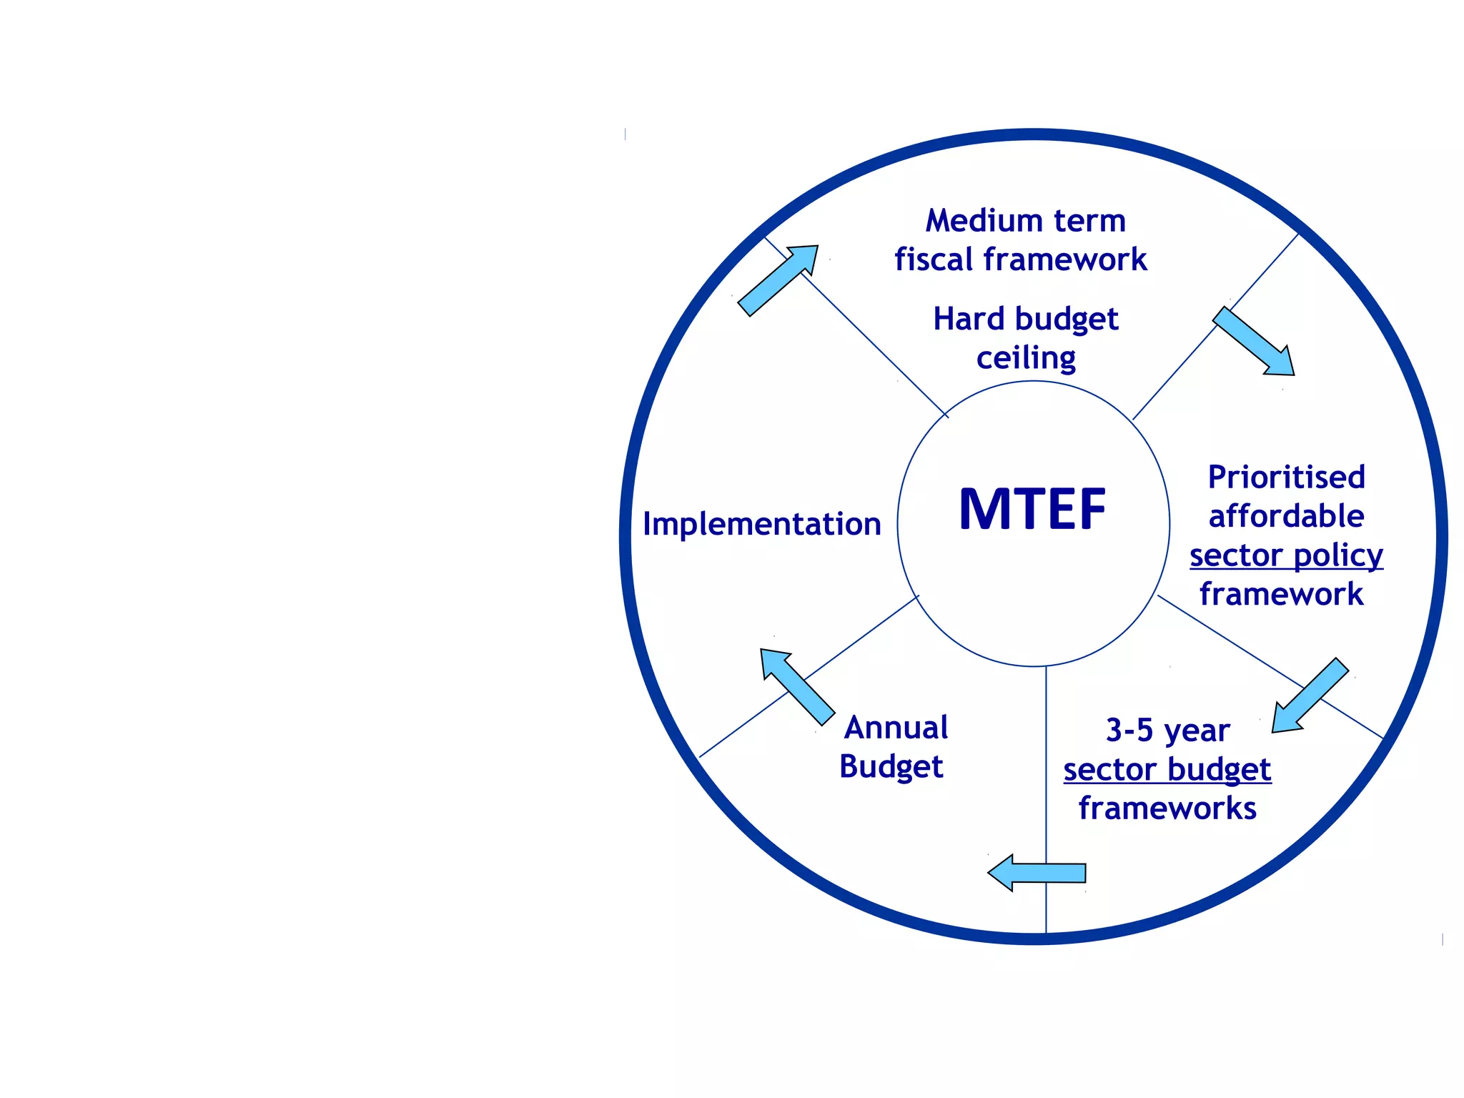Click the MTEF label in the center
pyautogui.click(x=1032, y=510)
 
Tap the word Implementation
pyautogui.click(x=761, y=525)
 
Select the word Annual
pyautogui.click(x=896, y=728)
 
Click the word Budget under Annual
pyautogui.click(x=891, y=767)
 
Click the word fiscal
pyautogui.click(x=934, y=259)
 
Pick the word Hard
pyautogui.click(x=969, y=319)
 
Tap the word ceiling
pyautogui.click(x=1026, y=358)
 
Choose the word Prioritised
pyautogui.click(x=1286, y=478)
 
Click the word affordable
pyautogui.click(x=1286, y=516)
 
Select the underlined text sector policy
pyautogui.click(x=1286, y=555)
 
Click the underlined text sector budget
pyautogui.click(x=1167, y=770)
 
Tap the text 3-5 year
pyautogui.click(x=1167, y=731)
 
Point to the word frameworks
pyautogui.click(x=1167, y=808)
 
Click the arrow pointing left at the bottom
pyautogui.click(x=1037, y=873)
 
